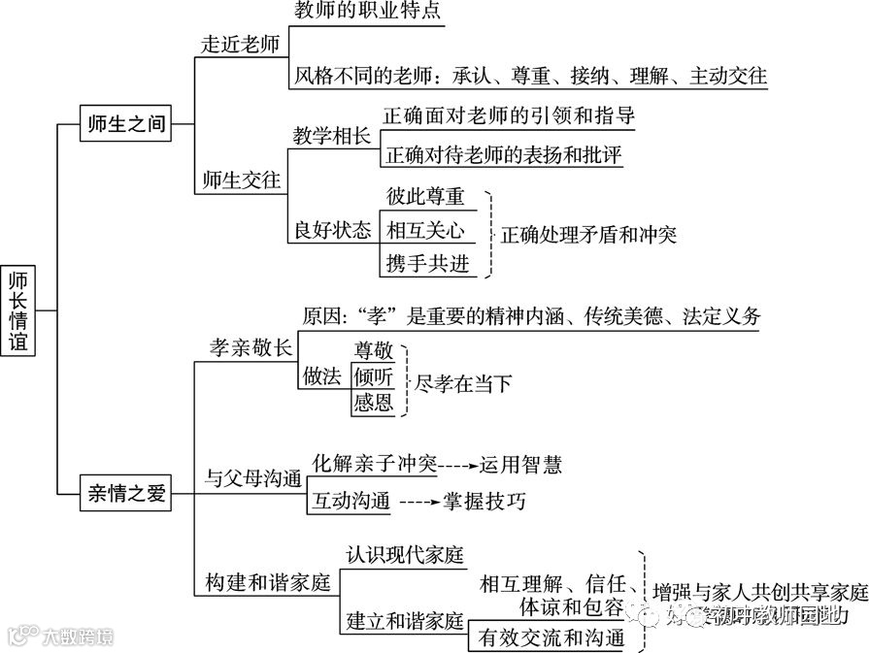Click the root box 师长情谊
click(x=18, y=310)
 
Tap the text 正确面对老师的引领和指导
click(x=509, y=116)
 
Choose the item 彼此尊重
click(x=425, y=196)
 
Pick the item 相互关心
click(x=425, y=230)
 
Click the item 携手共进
click(x=425, y=263)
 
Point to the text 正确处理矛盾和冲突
click(x=587, y=234)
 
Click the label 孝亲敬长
click(x=251, y=347)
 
